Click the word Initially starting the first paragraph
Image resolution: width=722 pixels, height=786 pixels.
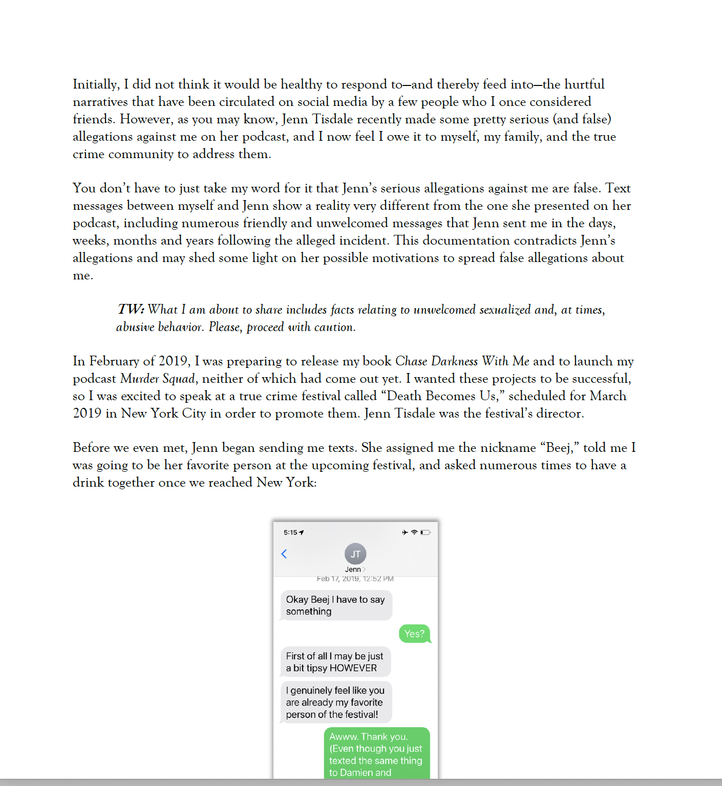(x=96, y=84)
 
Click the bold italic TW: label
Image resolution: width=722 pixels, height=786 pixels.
(x=131, y=310)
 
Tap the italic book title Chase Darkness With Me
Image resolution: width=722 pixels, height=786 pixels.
(x=462, y=361)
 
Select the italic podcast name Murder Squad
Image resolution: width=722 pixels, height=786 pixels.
(x=158, y=379)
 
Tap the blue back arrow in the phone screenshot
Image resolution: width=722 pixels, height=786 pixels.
(x=284, y=554)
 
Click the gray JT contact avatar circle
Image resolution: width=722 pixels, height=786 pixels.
(x=355, y=554)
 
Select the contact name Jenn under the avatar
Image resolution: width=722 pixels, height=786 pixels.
(x=353, y=570)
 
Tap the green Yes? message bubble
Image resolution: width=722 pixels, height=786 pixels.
(x=414, y=634)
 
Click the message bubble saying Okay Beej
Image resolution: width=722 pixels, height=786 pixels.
(x=335, y=605)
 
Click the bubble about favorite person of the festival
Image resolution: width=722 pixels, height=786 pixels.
(x=335, y=702)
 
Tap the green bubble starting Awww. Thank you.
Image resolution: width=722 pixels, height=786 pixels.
(x=376, y=754)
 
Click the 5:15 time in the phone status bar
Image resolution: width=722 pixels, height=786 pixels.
(x=290, y=533)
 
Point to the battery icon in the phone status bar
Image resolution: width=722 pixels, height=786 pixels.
(x=426, y=533)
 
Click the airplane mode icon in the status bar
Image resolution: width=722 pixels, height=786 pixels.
(x=405, y=533)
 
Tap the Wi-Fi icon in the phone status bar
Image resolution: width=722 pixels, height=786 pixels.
(x=415, y=533)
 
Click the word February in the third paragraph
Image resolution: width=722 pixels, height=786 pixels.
(x=114, y=361)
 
